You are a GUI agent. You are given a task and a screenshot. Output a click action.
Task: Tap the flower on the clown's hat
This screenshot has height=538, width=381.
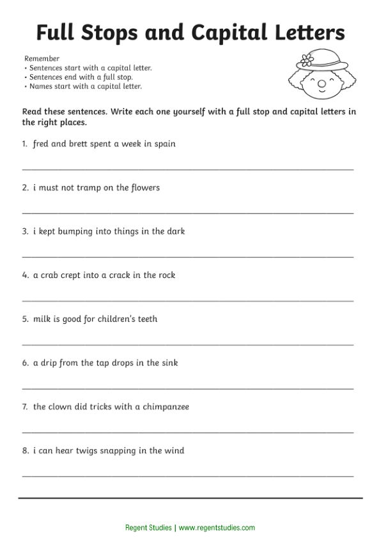(x=307, y=61)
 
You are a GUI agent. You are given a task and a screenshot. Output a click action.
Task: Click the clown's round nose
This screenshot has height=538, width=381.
(x=322, y=84)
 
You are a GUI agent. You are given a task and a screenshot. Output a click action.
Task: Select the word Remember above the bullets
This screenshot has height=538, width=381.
(x=42, y=59)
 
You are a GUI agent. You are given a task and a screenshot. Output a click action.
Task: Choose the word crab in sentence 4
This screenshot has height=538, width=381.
(x=49, y=275)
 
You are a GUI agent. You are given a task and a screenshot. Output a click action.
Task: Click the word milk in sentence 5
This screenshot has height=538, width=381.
(x=42, y=319)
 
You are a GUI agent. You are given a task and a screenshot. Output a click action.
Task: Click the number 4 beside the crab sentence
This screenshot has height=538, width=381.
(x=24, y=275)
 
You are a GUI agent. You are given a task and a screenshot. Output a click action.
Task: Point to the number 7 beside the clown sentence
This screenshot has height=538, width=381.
(x=24, y=407)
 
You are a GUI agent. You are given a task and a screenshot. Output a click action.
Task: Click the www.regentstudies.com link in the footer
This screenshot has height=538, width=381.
(x=217, y=528)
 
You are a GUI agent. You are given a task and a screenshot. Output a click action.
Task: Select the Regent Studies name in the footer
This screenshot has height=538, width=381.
(x=148, y=528)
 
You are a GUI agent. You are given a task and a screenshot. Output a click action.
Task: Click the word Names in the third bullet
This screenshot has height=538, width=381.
(x=40, y=86)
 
